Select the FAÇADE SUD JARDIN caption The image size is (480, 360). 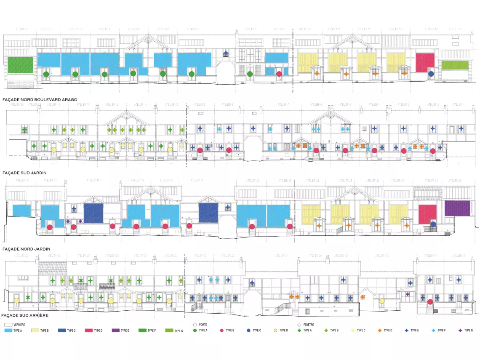[24, 173]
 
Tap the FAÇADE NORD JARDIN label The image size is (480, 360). [26, 249]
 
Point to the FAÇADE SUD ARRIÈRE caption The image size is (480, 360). [25, 315]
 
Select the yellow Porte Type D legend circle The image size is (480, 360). [275, 331]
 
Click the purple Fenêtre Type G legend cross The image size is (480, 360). [459, 331]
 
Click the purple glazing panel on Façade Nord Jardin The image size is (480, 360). [457, 208]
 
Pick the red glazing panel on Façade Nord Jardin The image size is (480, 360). [428, 214]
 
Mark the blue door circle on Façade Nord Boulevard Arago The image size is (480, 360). [431, 74]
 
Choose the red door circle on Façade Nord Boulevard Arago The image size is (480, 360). [279, 74]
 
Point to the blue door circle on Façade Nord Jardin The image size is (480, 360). [433, 224]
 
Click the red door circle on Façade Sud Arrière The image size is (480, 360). [430, 301]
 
